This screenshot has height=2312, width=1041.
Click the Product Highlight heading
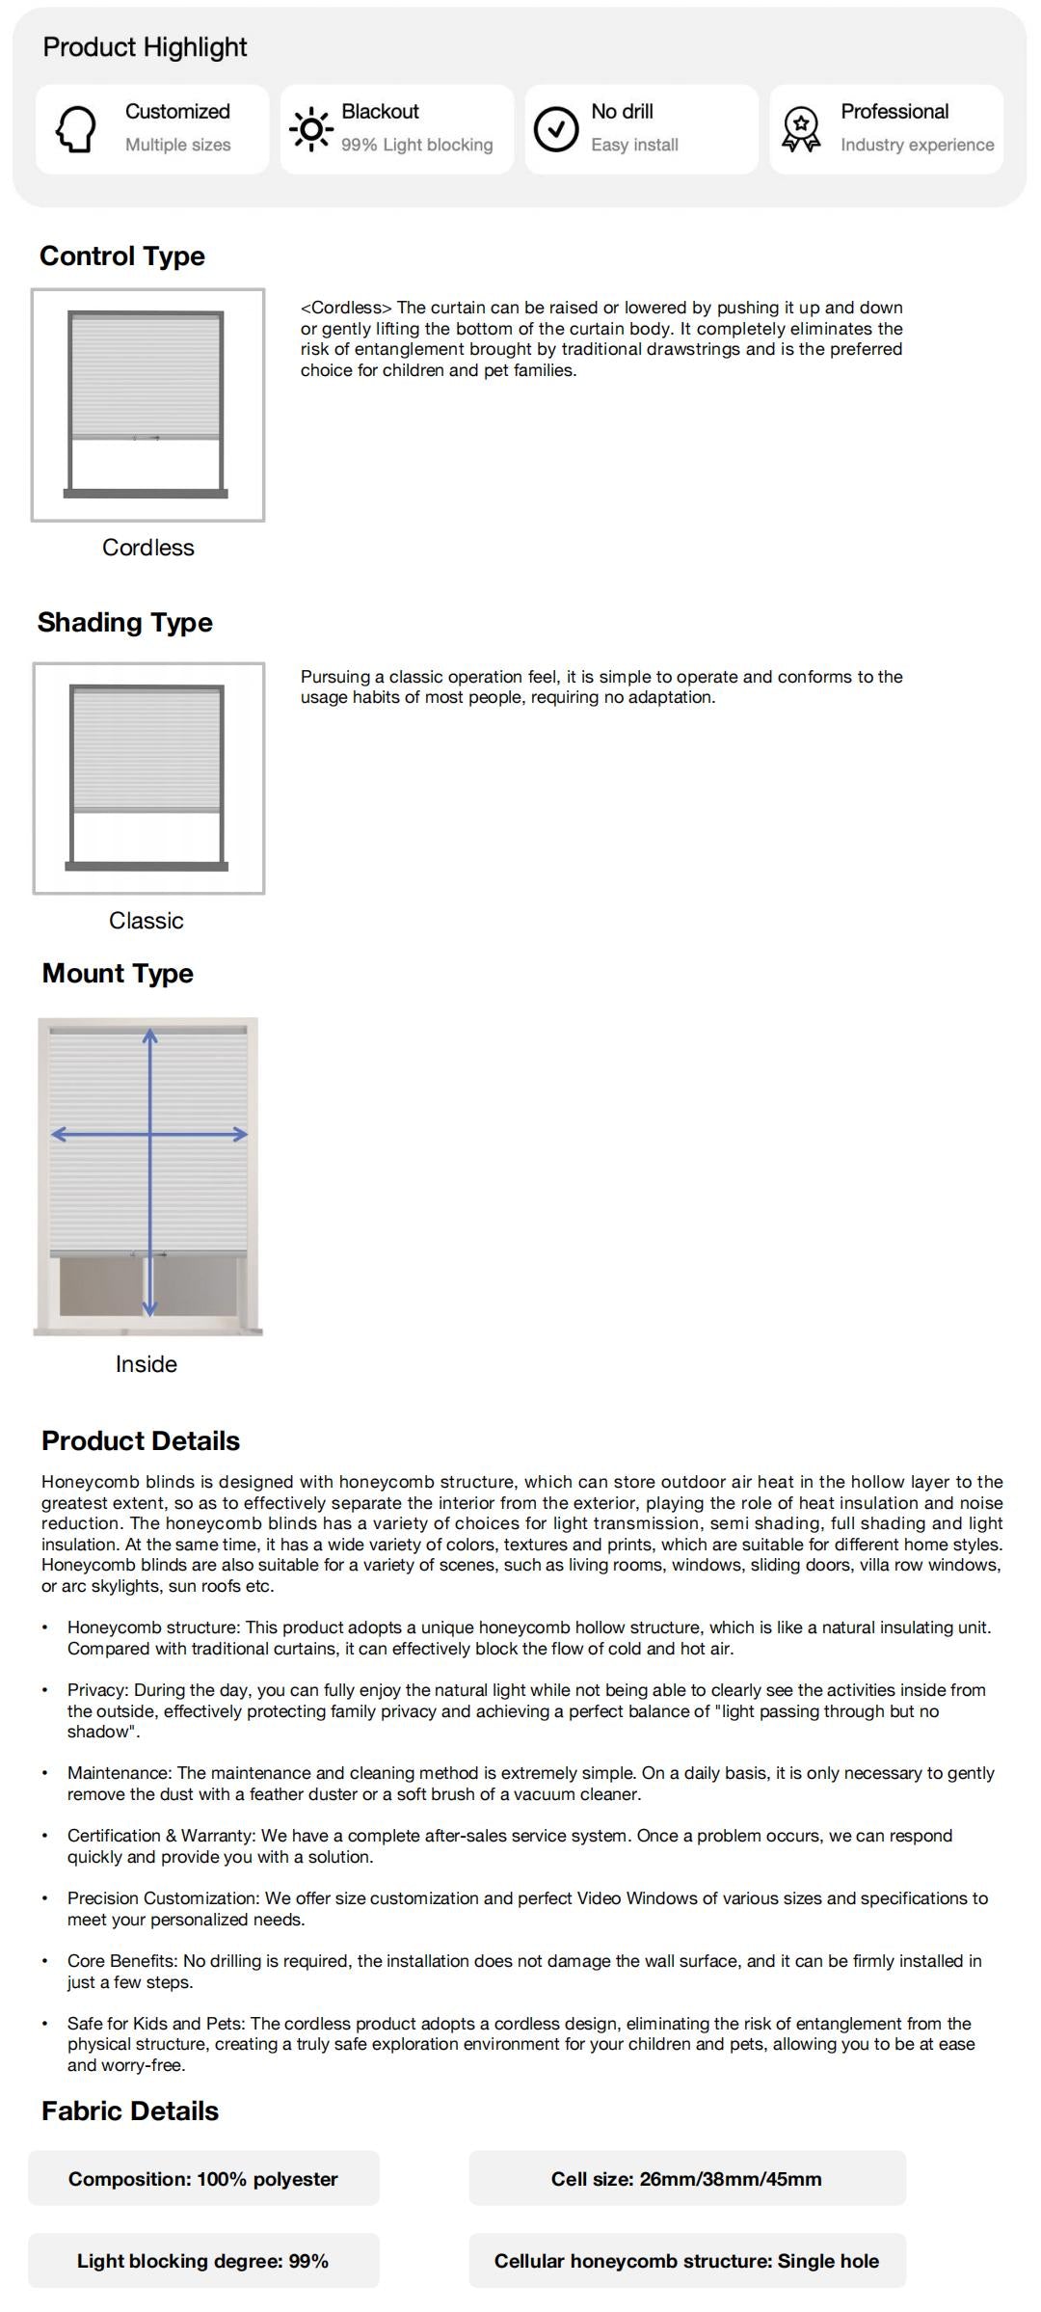(x=145, y=47)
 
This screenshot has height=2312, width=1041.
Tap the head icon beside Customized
(x=76, y=128)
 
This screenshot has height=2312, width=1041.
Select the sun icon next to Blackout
(x=310, y=128)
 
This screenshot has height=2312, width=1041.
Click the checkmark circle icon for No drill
(x=556, y=129)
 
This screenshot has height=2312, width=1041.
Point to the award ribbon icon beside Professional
(x=801, y=129)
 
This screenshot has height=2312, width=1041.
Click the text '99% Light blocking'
(x=416, y=145)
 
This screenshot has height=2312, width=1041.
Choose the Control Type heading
(x=122, y=256)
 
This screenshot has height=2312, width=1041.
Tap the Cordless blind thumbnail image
(x=147, y=405)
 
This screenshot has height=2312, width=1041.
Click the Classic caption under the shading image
(x=147, y=921)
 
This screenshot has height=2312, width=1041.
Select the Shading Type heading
(x=125, y=623)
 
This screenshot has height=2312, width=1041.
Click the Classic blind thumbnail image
(x=148, y=778)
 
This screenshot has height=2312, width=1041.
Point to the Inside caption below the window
(x=147, y=1364)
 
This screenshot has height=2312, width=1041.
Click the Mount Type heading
(x=118, y=974)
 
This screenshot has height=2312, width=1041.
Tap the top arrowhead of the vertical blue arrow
(x=150, y=1036)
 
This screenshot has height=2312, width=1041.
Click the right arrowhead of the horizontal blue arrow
(x=240, y=1135)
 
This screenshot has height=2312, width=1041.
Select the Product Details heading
(x=141, y=1441)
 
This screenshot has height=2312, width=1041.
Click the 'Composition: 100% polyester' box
(x=203, y=2179)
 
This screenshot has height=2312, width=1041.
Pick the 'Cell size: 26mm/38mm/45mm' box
(x=686, y=2179)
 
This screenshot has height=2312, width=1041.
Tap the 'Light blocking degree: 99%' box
(x=203, y=2261)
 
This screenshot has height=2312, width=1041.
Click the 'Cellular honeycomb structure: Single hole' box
(x=686, y=2261)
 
